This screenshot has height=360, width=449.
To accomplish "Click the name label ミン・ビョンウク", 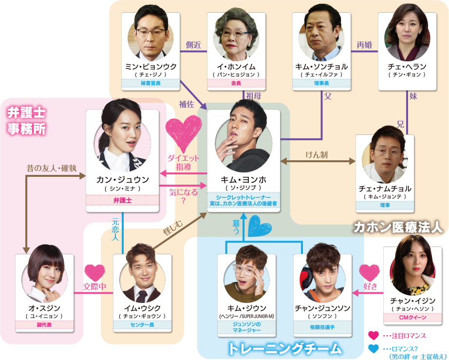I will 150,66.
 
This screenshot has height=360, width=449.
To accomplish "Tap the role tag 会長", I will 236,83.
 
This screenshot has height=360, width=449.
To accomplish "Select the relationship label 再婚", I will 364,45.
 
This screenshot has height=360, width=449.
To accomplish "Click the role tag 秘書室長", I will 150,83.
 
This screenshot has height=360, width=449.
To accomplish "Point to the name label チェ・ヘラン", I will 407,66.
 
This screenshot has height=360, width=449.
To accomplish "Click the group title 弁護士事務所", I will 26,121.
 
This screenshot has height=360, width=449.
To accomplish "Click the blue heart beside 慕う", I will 259,227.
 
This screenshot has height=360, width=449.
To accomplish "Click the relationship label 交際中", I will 95,287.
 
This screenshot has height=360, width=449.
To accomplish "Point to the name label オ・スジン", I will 44,308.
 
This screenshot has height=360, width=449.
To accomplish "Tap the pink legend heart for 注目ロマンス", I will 374,335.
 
